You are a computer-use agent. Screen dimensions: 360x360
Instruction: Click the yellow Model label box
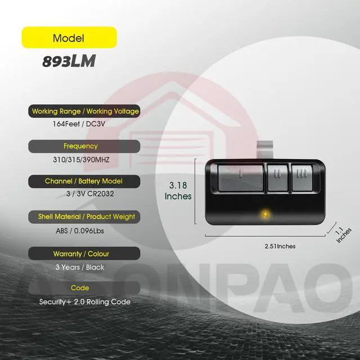pos(69,38)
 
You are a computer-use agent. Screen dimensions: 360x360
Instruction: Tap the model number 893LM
pos(68,61)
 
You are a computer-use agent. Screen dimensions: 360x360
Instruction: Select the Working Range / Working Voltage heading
pos(84,111)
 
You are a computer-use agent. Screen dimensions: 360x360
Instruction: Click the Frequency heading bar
pos(84,146)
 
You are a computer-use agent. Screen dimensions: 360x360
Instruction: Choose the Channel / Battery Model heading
pos(84,181)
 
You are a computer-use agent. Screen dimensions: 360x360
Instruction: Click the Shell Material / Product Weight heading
pos(84,217)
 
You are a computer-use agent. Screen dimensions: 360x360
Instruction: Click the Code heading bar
pos(84,287)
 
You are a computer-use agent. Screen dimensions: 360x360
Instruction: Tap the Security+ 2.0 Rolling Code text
pos(84,301)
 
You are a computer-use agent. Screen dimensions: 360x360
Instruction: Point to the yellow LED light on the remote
pos(263,213)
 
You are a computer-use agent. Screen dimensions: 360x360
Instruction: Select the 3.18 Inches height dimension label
pos(178,190)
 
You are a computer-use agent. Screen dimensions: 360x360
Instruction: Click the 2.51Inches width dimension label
pos(280,246)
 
